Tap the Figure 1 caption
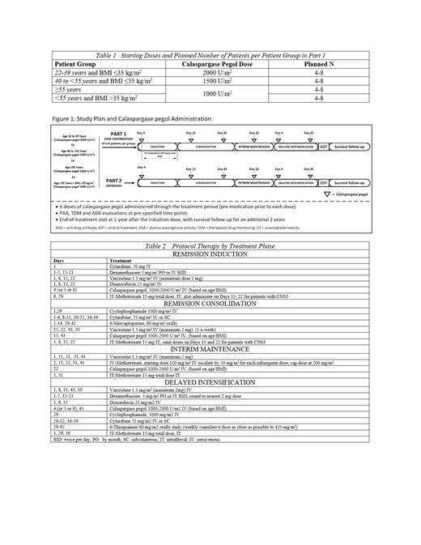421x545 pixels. pos(129,119)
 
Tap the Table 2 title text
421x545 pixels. pos(210,244)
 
